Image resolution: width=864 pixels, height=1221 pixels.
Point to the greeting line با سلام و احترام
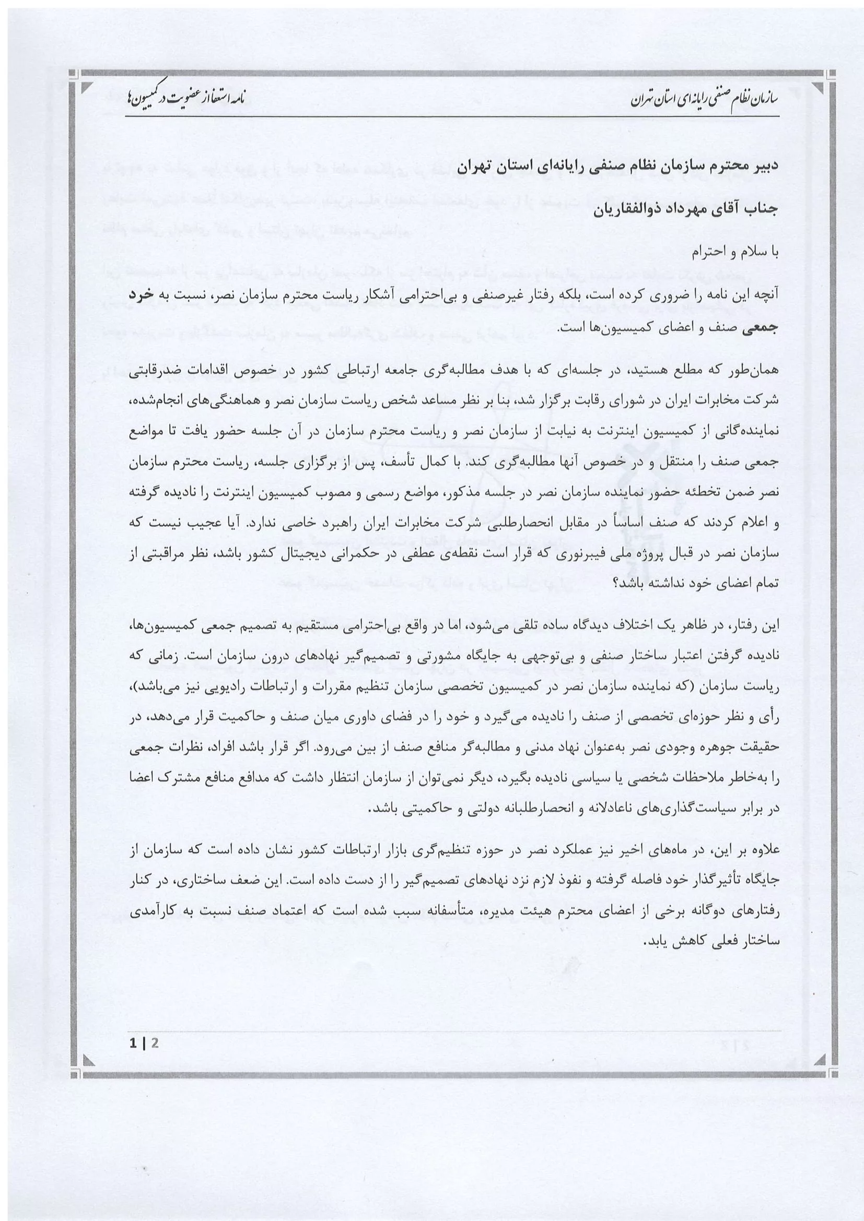pos(737,254)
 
